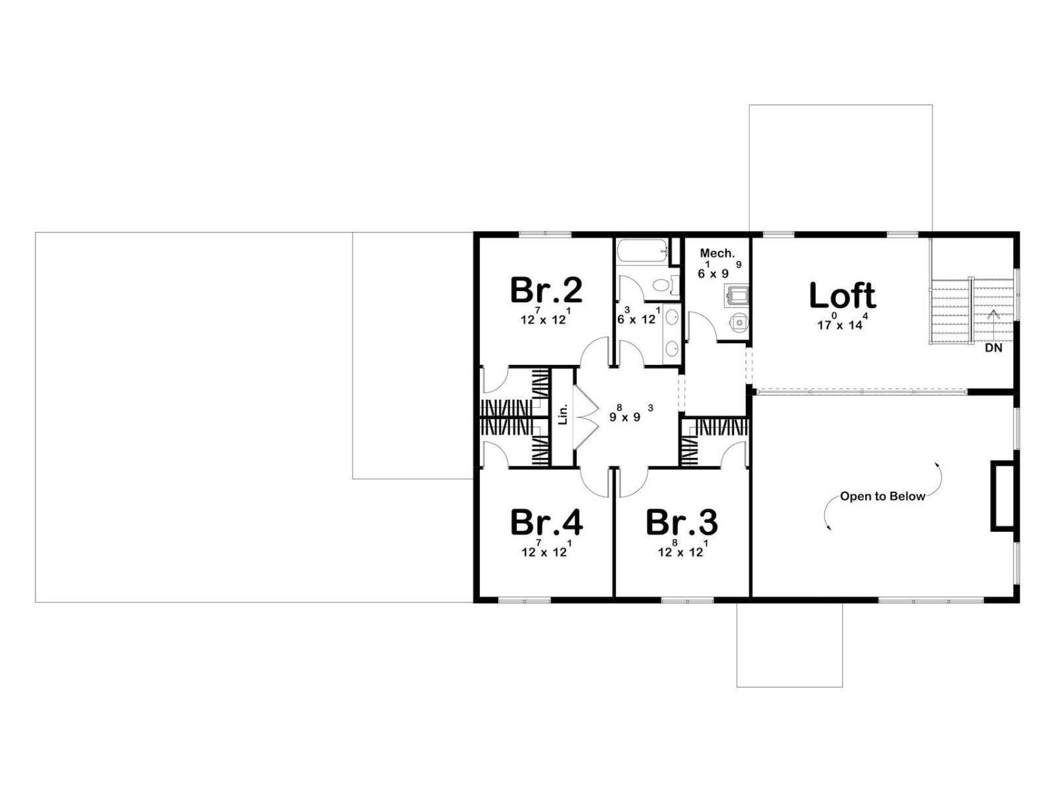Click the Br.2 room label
pyautogui.click(x=546, y=290)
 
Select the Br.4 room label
pyautogui.click(x=546, y=522)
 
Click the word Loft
pyautogui.click(x=842, y=295)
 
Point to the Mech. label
pyautogui.click(x=717, y=253)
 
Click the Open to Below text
pyautogui.click(x=882, y=496)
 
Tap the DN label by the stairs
pyautogui.click(x=993, y=348)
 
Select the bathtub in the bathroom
pyautogui.click(x=642, y=251)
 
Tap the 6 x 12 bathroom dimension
pyautogui.click(x=638, y=316)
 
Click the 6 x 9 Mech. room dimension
pyautogui.click(x=719, y=270)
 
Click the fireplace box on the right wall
pyautogui.click(x=1004, y=496)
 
